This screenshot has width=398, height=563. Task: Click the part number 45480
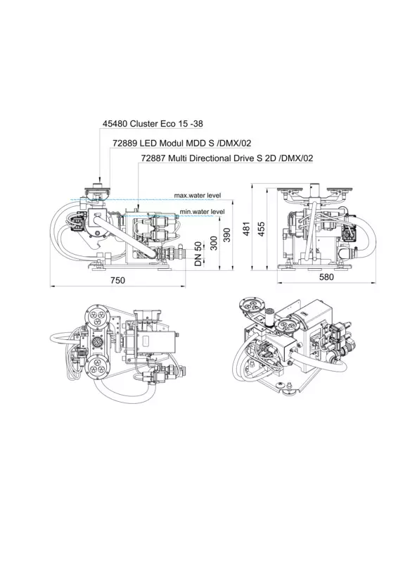(x=115, y=124)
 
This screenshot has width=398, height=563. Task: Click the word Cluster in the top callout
(x=143, y=124)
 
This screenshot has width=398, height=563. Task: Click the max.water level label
(x=198, y=196)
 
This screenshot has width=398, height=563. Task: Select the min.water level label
(x=203, y=212)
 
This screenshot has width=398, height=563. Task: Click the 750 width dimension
(x=117, y=280)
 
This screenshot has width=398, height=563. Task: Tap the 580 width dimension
(x=326, y=277)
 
